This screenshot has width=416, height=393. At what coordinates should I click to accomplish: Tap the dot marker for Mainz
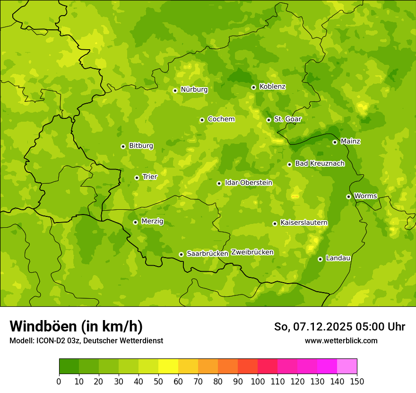335,142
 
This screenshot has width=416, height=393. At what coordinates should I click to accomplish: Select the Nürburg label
194,89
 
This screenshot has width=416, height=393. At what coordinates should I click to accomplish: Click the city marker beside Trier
137,178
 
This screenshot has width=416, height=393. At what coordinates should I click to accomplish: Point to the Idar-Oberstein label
248,183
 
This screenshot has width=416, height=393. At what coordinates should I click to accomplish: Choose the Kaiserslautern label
303,223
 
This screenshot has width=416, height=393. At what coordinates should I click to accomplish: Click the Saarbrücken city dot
181,254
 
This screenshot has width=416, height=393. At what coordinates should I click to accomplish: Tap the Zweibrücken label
252,252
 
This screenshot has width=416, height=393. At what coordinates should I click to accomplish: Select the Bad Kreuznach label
320,163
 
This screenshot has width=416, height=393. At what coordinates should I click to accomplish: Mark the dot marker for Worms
348,196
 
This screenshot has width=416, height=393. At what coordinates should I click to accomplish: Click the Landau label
338,258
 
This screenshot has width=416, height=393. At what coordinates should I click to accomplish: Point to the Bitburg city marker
123,146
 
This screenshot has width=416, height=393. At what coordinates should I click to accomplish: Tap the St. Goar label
287,119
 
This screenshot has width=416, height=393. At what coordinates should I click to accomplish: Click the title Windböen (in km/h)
76,326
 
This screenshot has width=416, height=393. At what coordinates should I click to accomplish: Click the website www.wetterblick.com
341,340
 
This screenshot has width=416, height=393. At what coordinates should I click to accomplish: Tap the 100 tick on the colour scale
258,381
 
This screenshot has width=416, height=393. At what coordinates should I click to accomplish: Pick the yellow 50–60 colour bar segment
168,366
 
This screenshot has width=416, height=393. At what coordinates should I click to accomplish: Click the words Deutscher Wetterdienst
128,340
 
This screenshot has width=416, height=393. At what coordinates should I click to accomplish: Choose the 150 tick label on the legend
357,381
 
